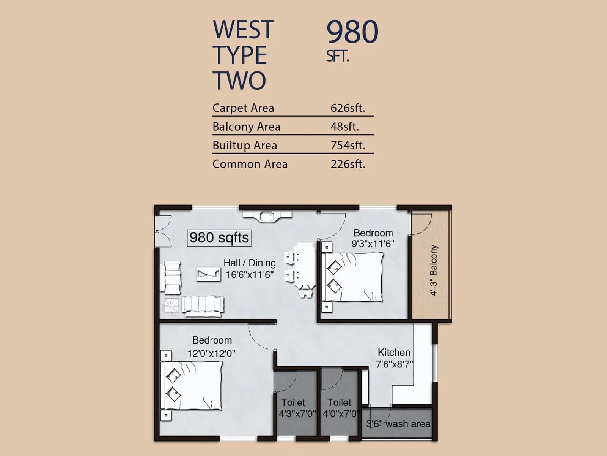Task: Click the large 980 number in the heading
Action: pos(352,32)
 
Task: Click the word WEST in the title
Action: pos(243,30)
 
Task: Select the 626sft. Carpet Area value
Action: pos(348,108)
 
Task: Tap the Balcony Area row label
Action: pos(246,127)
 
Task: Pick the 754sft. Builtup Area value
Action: pos(348,145)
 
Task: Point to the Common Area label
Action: pos(250,164)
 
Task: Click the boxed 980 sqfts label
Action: pos(219,238)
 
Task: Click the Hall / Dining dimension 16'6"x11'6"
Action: pos(250,275)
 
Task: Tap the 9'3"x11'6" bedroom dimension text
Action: pos(373,244)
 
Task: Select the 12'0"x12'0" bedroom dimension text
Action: pos(211,353)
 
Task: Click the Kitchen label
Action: pos(394,352)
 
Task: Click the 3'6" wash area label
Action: pos(398,424)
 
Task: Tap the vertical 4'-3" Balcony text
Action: pos(434,270)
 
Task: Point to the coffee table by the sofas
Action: pos(208,274)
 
